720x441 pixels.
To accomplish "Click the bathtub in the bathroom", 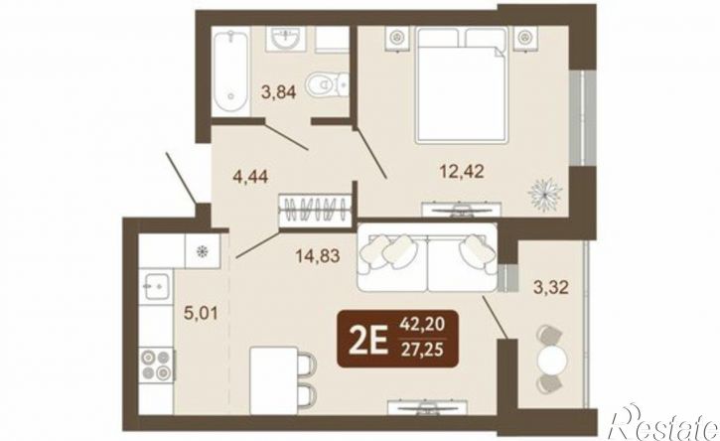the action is [x=231, y=71].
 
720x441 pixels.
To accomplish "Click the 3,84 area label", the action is [x=278, y=91].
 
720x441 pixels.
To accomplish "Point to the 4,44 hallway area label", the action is [x=250, y=176].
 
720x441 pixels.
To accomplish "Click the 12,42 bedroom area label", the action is [x=462, y=172].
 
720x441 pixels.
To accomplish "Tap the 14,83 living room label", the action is [x=318, y=256].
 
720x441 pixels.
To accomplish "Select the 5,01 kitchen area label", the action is [x=201, y=314].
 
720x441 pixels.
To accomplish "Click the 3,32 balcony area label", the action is [x=550, y=288].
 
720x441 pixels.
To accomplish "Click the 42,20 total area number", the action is [x=422, y=325].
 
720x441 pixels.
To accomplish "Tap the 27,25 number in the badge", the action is [x=422, y=350].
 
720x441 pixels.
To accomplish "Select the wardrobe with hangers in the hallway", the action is [x=316, y=211].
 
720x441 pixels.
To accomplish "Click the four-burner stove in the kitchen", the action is [x=156, y=365].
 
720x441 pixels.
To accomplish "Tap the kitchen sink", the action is [x=156, y=287].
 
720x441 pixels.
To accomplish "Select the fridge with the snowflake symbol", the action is [x=202, y=251].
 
